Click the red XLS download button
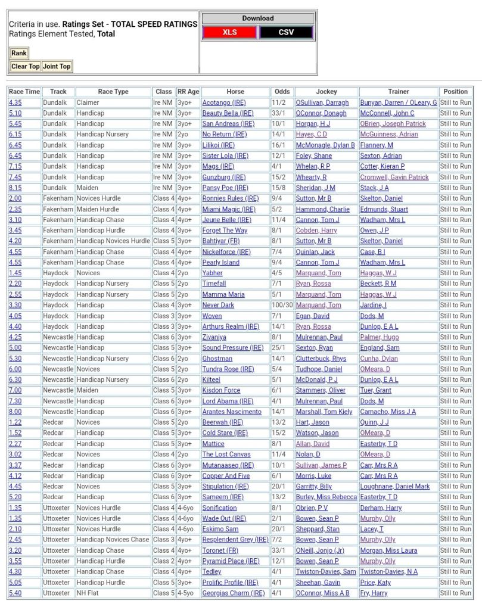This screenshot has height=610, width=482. [230, 32]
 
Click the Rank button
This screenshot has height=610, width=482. [19, 53]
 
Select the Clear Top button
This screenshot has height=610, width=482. [25, 66]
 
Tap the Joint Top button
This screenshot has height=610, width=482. [57, 66]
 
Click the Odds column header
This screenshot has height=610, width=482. [282, 92]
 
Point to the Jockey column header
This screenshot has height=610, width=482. [326, 92]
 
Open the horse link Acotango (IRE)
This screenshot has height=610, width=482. [223, 102]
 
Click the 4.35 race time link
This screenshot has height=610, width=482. [15, 102]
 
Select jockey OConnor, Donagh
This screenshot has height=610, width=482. [321, 113]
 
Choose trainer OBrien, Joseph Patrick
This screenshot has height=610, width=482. [393, 124]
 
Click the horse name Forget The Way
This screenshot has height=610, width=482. [225, 231]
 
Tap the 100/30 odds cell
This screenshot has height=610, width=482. [282, 305]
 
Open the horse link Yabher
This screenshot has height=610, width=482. [212, 273]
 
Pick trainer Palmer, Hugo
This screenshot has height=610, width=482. [380, 337]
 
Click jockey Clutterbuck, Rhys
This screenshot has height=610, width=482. [321, 359]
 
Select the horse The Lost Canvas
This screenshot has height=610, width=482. [226, 455]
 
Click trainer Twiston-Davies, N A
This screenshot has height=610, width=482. [389, 572]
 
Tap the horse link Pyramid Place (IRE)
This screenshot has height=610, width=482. [231, 561]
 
